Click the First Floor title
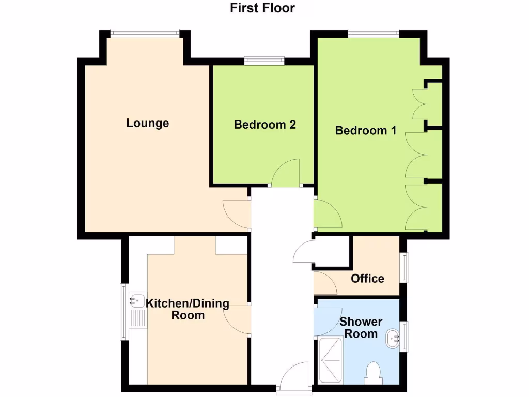262,8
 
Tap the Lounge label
148,123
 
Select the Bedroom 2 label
264,125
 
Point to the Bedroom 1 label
366,130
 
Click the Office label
367,279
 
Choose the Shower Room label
361,328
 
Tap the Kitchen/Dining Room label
188,309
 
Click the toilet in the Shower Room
372,373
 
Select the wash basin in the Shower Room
393,338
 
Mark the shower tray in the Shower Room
331,360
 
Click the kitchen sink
137,300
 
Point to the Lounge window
145,33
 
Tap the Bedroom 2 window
264,60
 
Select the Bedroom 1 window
374,34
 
